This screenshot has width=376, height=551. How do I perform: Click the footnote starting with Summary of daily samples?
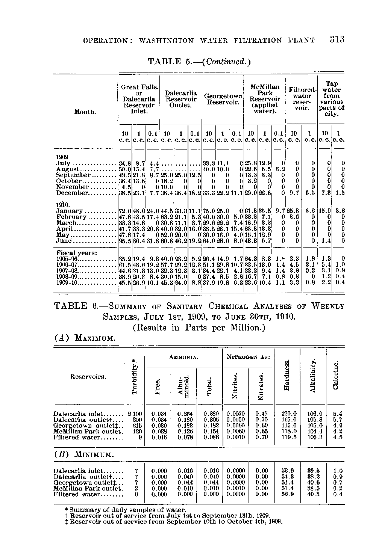tap(126, 510)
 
